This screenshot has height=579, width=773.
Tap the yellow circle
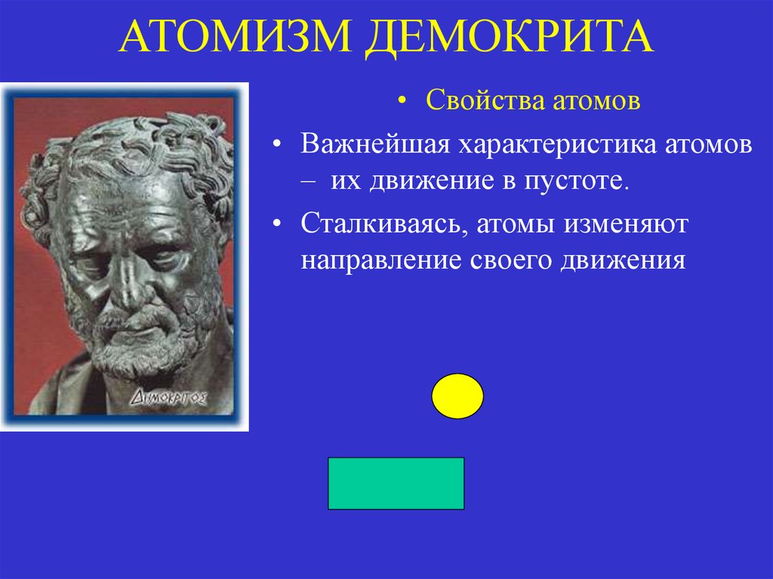click(457, 396)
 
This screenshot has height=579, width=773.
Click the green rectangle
click(396, 483)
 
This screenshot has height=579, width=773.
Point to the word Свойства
click(478, 100)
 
